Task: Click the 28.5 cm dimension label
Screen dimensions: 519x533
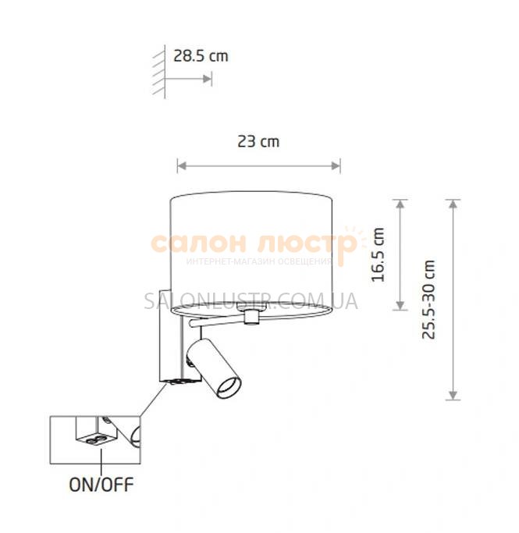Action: coord(201,56)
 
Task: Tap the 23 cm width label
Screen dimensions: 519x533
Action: coord(258,141)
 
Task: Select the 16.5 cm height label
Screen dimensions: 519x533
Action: coord(378,255)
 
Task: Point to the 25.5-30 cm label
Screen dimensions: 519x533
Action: coord(428,300)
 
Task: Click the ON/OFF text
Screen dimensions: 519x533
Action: coord(101,485)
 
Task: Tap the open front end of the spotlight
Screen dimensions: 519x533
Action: coord(229,387)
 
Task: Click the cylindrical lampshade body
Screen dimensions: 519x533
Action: coord(251,251)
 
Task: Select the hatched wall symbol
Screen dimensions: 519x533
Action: coord(158,72)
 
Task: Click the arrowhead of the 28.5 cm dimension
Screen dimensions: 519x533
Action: coord(207,79)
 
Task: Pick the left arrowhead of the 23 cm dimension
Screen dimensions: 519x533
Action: coord(182,166)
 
